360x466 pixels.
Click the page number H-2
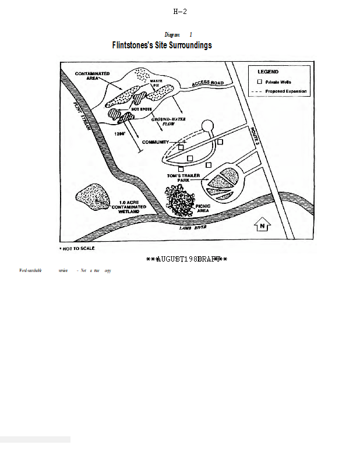(x=180, y=12)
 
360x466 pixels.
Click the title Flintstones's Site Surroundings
(x=162, y=45)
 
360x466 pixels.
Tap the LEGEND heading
(x=268, y=72)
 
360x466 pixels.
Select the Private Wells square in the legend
(x=260, y=82)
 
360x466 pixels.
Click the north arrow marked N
(x=262, y=224)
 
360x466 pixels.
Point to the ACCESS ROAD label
(x=207, y=84)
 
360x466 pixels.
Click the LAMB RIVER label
(x=192, y=228)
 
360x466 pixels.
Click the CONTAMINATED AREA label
(x=92, y=76)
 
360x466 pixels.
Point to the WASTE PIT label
(x=156, y=83)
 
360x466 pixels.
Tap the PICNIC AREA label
(x=202, y=208)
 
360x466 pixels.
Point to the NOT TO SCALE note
(x=77, y=248)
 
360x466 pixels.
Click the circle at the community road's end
(x=207, y=126)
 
